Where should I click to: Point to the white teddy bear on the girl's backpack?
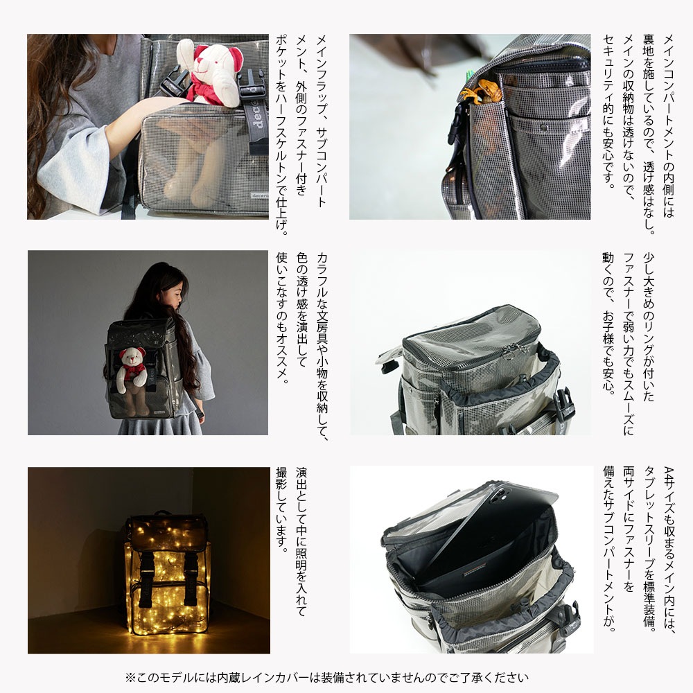point(132,369)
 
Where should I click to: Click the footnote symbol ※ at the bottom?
point(130,678)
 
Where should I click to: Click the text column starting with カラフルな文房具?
point(322,347)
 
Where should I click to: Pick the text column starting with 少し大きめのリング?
point(649,327)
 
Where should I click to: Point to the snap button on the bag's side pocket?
point(545,128)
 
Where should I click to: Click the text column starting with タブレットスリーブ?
point(649,548)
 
